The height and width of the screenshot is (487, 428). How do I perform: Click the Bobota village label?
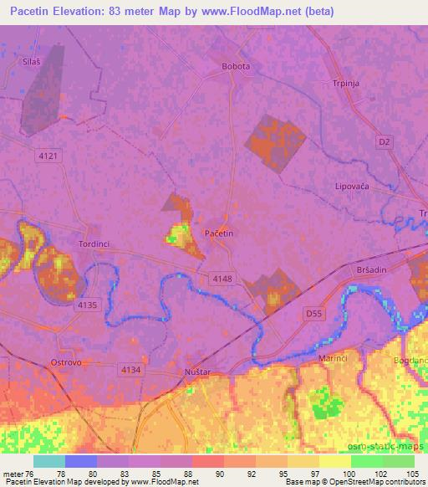(236, 66)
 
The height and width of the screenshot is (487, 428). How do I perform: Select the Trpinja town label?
(346, 84)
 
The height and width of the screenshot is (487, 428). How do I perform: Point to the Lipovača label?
(352, 186)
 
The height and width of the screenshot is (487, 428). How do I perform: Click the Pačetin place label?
(219, 233)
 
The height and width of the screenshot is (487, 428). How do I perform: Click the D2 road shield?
(384, 142)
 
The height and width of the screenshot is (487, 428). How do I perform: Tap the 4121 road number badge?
(49, 156)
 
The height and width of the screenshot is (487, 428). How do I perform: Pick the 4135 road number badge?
(88, 305)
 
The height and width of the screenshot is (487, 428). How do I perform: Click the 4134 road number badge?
(131, 369)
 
